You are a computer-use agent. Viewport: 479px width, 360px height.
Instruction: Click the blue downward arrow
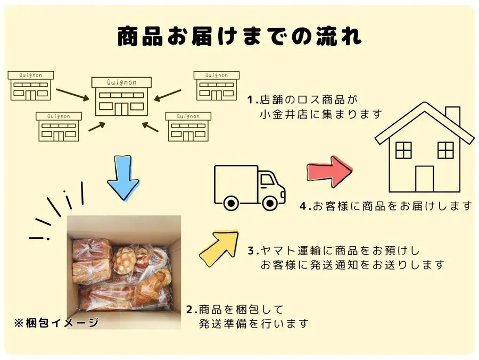coord(123,178)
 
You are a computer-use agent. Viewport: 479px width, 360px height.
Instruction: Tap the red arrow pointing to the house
coord(329,172)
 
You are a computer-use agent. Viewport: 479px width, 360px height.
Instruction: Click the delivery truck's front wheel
coord(270,203)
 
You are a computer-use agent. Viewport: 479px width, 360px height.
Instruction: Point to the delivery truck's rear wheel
coord(232,203)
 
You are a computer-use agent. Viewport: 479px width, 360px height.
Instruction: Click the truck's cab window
coord(267,180)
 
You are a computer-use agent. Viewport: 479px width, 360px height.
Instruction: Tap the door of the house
coord(424,179)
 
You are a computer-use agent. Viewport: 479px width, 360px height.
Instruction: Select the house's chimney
coord(453,116)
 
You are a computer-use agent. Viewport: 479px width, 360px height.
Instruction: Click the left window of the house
coord(403,150)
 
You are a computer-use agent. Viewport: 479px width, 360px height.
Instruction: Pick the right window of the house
coord(445,150)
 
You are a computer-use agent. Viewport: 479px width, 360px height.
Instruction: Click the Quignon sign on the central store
coord(121,82)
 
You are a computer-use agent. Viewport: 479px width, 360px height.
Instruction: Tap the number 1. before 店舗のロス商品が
coord(253,100)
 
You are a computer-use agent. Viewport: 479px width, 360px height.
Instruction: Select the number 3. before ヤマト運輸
coord(253,251)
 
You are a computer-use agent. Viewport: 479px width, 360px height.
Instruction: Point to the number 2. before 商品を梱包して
coord(192,310)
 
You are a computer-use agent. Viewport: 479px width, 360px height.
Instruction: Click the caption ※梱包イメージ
coord(56,323)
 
